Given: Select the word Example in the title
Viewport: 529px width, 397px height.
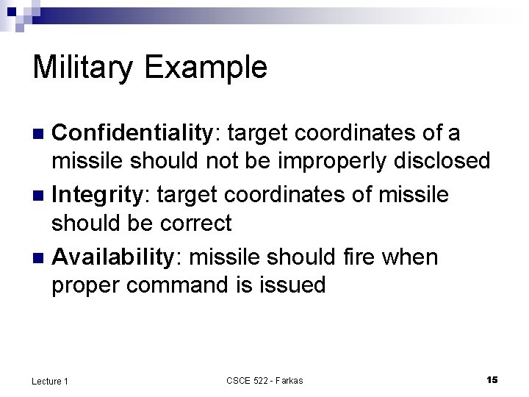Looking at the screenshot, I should point(206,68).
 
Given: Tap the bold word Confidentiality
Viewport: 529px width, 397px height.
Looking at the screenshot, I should point(132,133).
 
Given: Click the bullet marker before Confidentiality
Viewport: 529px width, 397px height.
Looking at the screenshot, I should point(41,134).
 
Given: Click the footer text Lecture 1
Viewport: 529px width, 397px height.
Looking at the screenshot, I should point(50,380).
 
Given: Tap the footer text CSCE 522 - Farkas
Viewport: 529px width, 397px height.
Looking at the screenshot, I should point(264,380).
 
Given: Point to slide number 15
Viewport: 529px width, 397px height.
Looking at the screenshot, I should point(492,379).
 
